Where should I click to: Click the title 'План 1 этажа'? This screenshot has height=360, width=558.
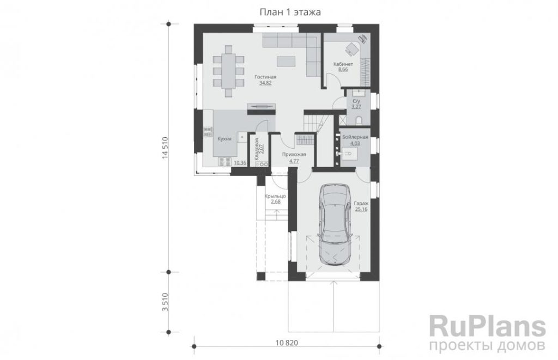[290, 13]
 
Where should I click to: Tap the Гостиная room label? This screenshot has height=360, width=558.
[265, 77]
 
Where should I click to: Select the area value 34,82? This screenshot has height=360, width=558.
[265, 83]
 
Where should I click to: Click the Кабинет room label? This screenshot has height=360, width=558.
[343, 64]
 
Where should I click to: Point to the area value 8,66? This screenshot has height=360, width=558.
[343, 69]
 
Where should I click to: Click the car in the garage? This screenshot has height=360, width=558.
[334, 224]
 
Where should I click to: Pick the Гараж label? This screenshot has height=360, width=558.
[361, 204]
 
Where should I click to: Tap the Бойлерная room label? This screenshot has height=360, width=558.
[355, 137]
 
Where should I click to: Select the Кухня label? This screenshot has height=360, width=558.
[225, 139]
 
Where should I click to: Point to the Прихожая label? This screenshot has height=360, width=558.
[294, 154]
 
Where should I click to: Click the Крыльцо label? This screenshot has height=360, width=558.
[275, 196]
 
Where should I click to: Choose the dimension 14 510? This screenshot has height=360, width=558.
[165, 148]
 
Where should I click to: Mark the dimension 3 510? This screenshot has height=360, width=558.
[165, 302]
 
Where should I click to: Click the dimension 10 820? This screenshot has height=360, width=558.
[287, 343]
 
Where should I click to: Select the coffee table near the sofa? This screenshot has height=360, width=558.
[286, 62]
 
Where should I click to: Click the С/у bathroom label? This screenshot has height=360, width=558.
[356, 101]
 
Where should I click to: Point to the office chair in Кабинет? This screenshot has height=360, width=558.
[352, 49]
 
